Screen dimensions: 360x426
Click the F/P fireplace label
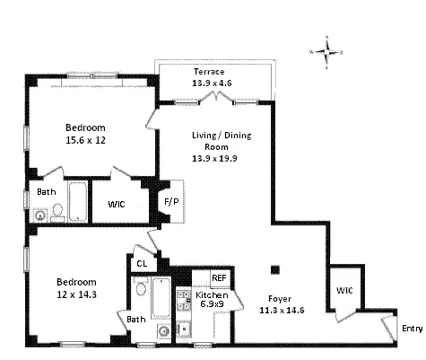(169, 203)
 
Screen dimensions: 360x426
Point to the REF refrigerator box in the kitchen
(219, 278)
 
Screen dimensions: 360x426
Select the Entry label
(412, 329)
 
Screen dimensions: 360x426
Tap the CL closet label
(142, 263)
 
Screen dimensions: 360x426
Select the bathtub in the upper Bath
(77, 203)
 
